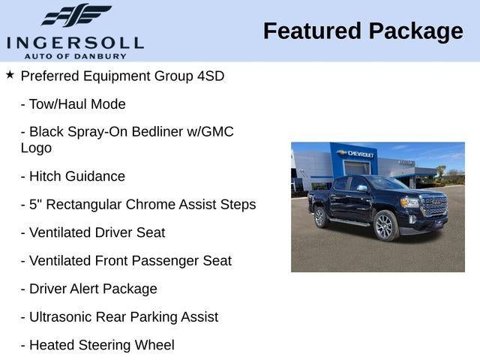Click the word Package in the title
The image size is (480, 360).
point(415,31)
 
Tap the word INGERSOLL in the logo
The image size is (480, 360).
point(75,43)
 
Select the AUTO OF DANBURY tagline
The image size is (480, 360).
point(75,55)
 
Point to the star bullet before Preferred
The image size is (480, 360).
point(10,75)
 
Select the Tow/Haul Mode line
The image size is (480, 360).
point(73,104)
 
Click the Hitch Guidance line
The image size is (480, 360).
point(73,176)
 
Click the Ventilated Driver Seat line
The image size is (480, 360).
point(93,232)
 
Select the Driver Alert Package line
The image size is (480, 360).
point(88,289)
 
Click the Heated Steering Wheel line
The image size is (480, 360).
point(97,345)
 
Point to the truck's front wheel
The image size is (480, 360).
point(385,226)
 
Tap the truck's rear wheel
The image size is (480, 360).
point(320,218)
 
